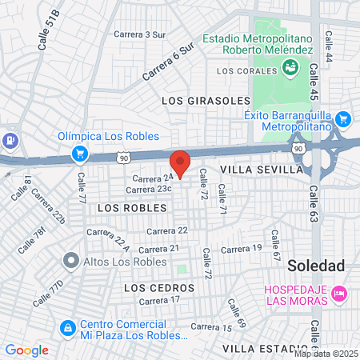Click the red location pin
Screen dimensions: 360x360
coord(181,162)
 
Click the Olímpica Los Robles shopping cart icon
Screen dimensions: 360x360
coord(79,152)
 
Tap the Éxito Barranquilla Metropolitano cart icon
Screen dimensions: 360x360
coord(344,120)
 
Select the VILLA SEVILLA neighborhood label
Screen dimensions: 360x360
coord(262,170)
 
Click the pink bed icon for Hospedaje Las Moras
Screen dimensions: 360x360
coord(339,294)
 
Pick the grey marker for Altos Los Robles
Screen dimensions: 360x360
coord(70,260)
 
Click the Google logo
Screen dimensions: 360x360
coord(26,350)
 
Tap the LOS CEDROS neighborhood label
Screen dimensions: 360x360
coord(160,287)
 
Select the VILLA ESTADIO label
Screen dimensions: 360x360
coord(266,349)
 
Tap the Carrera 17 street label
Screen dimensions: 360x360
coord(159,301)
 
